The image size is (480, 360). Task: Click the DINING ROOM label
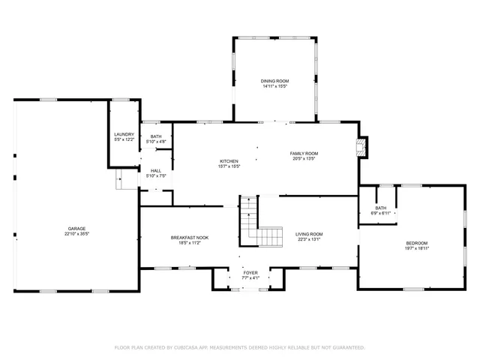click(275, 80)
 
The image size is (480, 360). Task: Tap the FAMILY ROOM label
click(304, 153)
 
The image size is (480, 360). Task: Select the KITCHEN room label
click(229, 161)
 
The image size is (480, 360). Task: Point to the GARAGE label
click(76, 229)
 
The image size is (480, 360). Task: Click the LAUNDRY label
click(124, 134)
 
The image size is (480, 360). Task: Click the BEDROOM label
click(417, 242)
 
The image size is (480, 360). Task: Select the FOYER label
click(249, 273)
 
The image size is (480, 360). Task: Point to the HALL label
click(156, 171)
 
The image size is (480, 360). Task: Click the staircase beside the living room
click(259, 225)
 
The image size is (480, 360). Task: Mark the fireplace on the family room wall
click(363, 146)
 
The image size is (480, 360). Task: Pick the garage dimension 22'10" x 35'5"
click(76, 234)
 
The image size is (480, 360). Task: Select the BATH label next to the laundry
click(156, 136)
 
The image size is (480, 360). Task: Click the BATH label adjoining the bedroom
click(381, 208)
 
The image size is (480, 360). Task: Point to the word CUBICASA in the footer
click(192, 347)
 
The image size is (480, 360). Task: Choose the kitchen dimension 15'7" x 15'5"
click(229, 166)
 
